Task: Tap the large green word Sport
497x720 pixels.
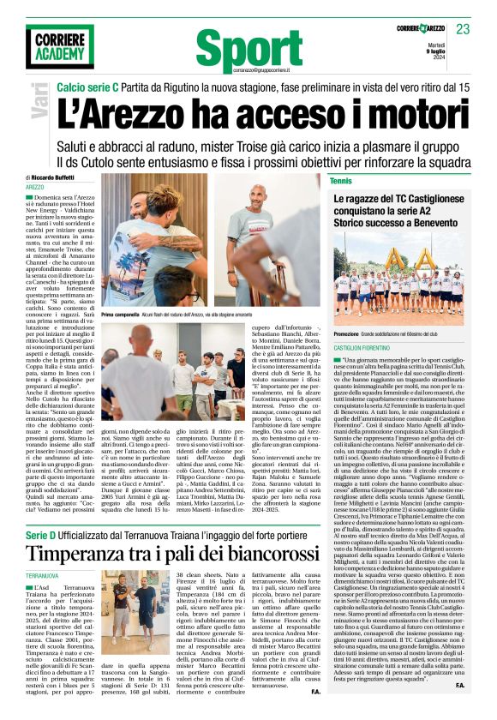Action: (x=245, y=50)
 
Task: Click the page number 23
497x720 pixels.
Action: (x=464, y=29)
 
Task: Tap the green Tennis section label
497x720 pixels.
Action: (x=340, y=181)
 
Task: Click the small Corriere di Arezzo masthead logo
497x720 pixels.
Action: (x=419, y=29)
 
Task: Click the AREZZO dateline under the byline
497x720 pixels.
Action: (x=35, y=187)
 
